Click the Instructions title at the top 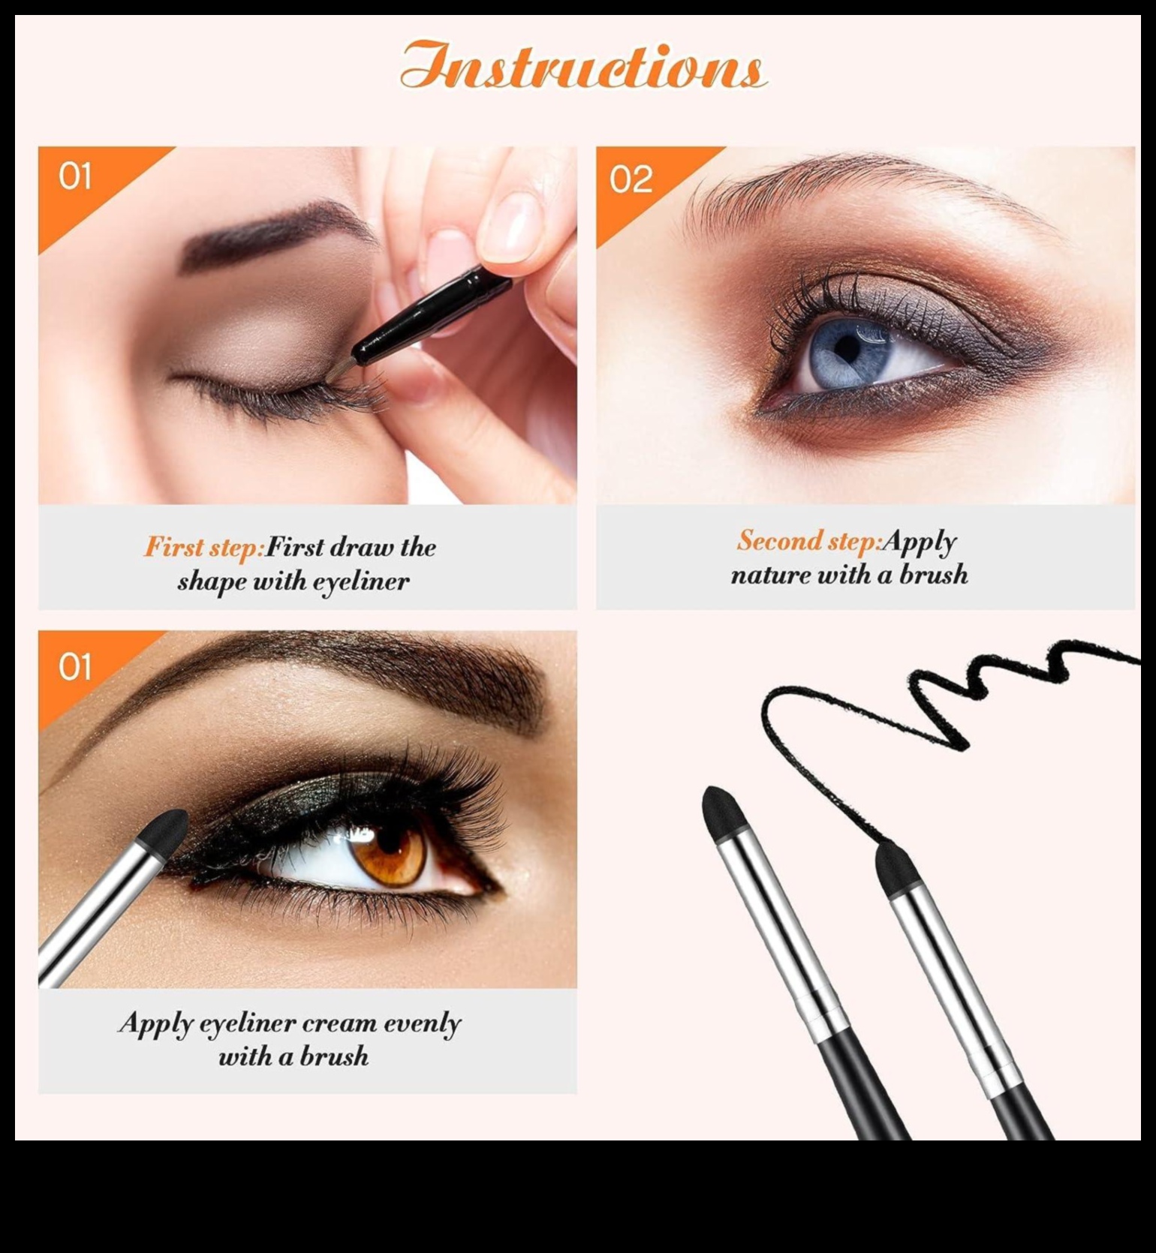583,66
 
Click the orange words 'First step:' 203,547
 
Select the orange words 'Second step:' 808,540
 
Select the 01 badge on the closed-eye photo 74,177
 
